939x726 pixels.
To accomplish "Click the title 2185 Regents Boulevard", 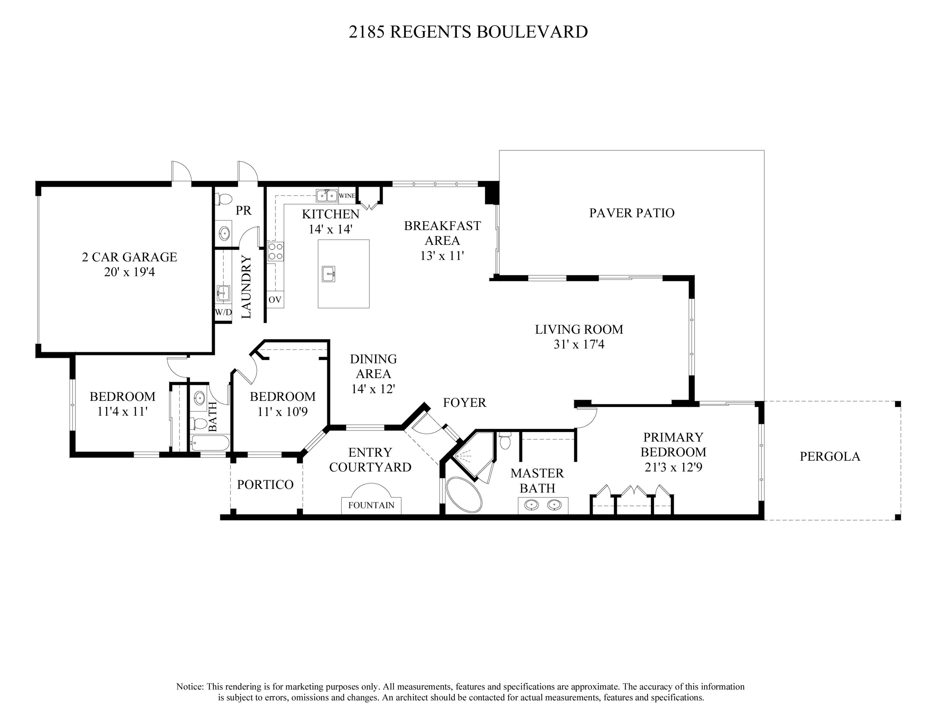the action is pyautogui.click(x=468, y=32).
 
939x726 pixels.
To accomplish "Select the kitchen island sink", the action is pyautogui.click(x=328, y=274).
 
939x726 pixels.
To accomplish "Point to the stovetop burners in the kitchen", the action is pyautogui.click(x=275, y=251).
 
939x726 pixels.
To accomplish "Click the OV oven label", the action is pyautogui.click(x=275, y=300).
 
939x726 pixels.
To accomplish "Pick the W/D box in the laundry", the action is pyautogui.click(x=223, y=312).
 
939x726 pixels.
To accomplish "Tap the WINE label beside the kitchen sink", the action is pyautogui.click(x=347, y=196).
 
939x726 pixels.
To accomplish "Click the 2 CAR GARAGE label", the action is pyautogui.click(x=129, y=257).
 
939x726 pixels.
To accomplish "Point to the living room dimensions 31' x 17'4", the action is pyautogui.click(x=579, y=345).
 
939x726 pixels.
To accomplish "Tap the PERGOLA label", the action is pyautogui.click(x=830, y=456).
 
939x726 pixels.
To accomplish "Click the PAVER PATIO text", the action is pyautogui.click(x=632, y=213).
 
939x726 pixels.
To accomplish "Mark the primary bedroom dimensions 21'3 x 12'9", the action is pyautogui.click(x=673, y=467).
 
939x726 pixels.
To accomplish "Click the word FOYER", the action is pyautogui.click(x=464, y=402).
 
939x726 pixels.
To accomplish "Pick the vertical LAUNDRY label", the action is pyautogui.click(x=246, y=287).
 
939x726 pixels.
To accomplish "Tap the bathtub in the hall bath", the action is pyautogui.click(x=210, y=443).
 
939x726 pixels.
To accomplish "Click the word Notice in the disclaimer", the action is pyautogui.click(x=190, y=687).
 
